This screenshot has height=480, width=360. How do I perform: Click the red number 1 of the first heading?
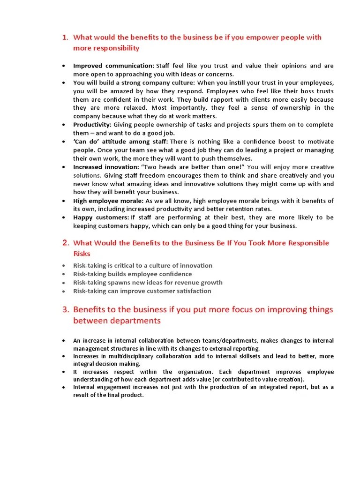point(65,37)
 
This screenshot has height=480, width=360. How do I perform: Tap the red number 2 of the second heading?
point(66,243)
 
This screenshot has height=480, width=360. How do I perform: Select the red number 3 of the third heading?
point(66,309)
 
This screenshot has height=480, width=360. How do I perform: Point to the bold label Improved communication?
point(113,66)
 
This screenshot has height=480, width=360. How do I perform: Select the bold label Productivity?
point(92,125)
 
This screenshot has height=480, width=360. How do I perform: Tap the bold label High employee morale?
point(107,201)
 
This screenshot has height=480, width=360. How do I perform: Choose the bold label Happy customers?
point(101,217)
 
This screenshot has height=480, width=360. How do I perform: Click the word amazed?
point(121,91)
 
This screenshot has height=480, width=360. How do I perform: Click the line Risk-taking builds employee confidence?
point(133,274)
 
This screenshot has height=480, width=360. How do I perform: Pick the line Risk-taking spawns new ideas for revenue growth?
point(148,282)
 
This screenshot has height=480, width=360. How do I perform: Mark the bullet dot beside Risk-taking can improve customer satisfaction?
point(64,291)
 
